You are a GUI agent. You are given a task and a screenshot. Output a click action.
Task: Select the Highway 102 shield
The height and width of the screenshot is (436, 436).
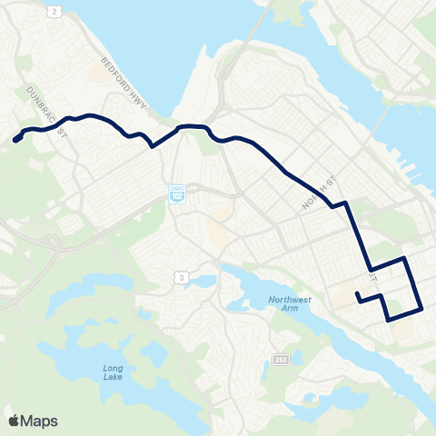[x=178, y=195]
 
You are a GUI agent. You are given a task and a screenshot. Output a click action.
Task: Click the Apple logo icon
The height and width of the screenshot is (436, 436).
[x=14, y=420]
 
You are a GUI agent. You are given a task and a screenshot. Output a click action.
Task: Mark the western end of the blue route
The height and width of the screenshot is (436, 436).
[x=15, y=140]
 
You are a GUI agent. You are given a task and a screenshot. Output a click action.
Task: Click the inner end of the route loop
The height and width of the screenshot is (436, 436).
[x=358, y=294]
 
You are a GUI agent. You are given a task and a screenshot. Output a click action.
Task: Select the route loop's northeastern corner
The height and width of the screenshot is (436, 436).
[x=405, y=259]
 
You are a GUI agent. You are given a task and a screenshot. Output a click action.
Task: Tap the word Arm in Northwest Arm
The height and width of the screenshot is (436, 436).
[x=289, y=311]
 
